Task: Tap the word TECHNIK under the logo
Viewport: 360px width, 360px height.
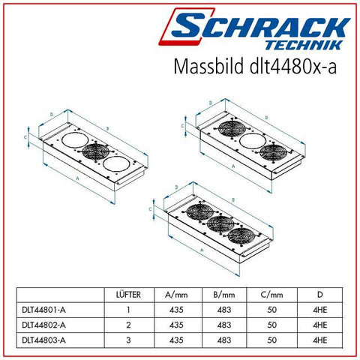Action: click(x=304, y=45)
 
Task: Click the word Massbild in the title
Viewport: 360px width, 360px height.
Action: click(x=208, y=66)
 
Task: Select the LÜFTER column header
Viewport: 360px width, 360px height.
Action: click(x=128, y=295)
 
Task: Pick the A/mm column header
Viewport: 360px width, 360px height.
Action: click(x=176, y=295)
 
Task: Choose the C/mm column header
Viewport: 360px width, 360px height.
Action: click(x=271, y=295)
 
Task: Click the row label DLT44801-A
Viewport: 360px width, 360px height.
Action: click(x=43, y=310)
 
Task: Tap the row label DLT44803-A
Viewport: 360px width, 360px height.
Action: click(x=43, y=340)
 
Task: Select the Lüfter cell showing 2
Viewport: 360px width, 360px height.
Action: click(x=128, y=325)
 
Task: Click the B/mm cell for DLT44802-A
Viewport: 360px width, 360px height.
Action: click(x=224, y=325)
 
